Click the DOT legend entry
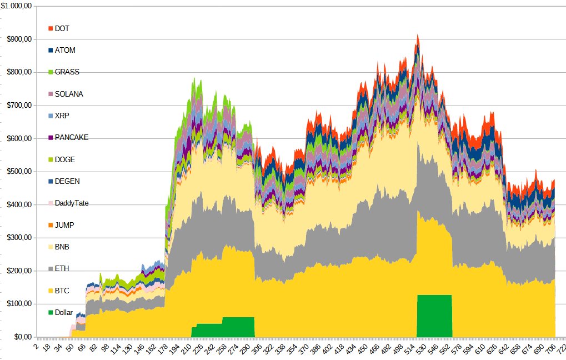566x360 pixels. (x=62, y=28)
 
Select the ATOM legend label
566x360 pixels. (x=65, y=50)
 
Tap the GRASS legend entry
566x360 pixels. (x=67, y=72)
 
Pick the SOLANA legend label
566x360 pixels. (x=69, y=94)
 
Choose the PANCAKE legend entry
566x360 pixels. (x=71, y=137)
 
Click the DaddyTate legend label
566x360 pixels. (x=72, y=203)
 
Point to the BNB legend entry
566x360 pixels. (x=63, y=247)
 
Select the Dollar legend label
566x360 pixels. (x=64, y=312)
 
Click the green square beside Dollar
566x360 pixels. (x=51, y=312)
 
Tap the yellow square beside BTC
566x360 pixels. (x=51, y=291)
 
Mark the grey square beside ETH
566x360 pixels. (x=51, y=269)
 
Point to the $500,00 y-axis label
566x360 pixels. (x=19, y=171)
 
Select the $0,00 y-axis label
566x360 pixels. (x=21, y=337)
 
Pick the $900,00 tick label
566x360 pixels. (x=19, y=39)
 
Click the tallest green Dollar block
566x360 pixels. (x=434, y=316)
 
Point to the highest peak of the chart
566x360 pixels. (x=417, y=35)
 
